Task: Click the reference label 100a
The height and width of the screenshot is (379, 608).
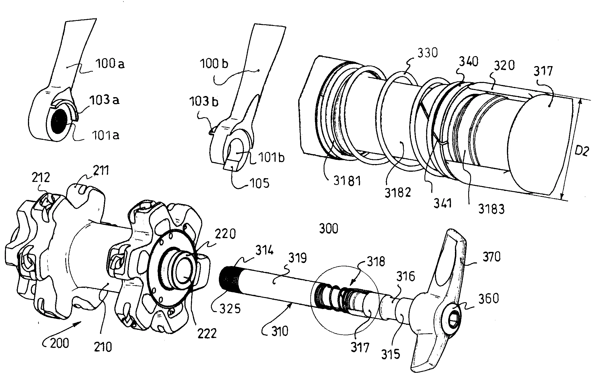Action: coord(110,64)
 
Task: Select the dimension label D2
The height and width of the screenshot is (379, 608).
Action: coord(582,152)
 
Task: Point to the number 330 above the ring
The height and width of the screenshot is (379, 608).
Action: coord(427,53)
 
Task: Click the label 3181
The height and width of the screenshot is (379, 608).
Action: coord(347,181)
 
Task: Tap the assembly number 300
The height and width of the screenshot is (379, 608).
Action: coord(328,228)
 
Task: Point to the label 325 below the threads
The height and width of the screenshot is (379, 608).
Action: coord(230,309)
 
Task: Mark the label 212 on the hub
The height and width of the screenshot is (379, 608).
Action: coord(40,178)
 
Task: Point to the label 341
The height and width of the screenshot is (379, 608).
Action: coord(442,203)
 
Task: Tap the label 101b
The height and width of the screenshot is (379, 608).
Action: coord(271,157)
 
